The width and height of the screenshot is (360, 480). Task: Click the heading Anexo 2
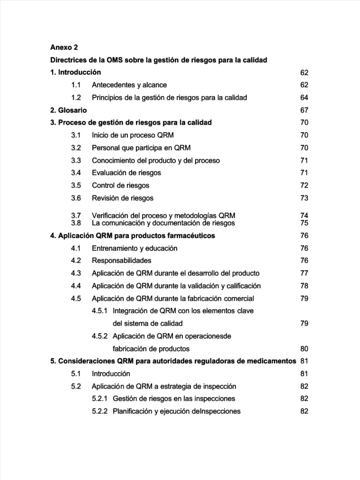pos(64,47)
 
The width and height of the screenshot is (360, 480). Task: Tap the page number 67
pos(304,110)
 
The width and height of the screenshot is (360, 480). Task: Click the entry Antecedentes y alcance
pos(129,85)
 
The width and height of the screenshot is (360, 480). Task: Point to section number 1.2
pos(76,97)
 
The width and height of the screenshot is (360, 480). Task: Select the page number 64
pos(304,97)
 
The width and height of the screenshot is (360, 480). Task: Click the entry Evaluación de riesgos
pos(127,173)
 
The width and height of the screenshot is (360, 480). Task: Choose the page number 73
pos(304,198)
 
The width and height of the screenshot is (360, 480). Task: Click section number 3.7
pos(76,215)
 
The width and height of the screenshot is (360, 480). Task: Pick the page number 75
pos(304,223)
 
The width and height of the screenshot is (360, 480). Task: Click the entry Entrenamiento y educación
pos(135,248)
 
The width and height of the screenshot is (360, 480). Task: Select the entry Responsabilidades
pos(121,261)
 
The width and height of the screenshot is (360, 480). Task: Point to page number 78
pos(304,286)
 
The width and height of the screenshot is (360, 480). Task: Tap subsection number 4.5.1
pos(100,311)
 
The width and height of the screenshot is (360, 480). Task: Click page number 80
pos(304,349)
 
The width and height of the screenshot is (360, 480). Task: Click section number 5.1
pos(76,374)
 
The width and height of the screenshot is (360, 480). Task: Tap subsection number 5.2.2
pos(100,411)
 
